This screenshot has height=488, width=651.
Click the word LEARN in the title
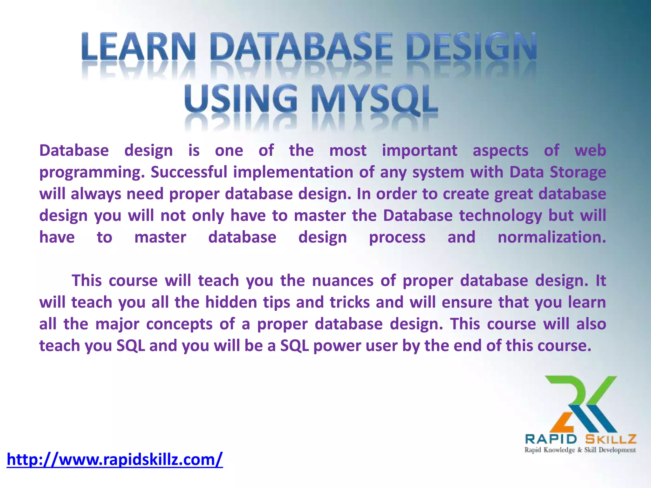tap(138, 47)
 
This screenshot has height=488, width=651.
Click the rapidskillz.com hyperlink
tap(115, 459)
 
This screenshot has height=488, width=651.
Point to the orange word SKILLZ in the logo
tap(611, 439)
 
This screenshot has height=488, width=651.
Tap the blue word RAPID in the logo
tap(551, 439)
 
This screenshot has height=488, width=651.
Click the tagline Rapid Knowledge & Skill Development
tap(580, 450)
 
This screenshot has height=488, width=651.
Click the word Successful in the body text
tap(189, 172)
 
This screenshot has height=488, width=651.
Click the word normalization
tap(552, 237)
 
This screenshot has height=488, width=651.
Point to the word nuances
tap(343, 281)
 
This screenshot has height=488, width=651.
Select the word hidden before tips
tap(231, 302)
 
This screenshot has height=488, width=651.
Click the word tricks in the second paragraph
tap(350, 302)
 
